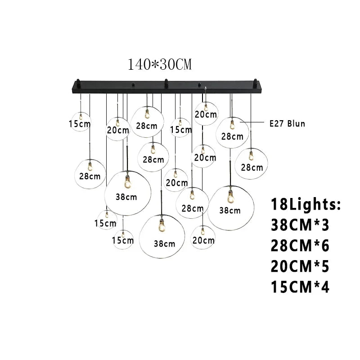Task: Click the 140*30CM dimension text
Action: pyautogui.click(x=160, y=65)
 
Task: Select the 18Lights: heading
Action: pyautogui.click(x=306, y=205)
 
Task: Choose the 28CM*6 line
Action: pyautogui.click(x=300, y=246)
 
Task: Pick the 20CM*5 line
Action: pyautogui.click(x=300, y=266)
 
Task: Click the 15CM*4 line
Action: pyautogui.click(x=300, y=287)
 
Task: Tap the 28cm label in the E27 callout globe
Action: pyautogui.click(x=232, y=136)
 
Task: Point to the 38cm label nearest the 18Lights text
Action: pyautogui.click(x=229, y=210)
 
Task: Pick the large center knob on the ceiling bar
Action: pyautogui.click(x=166, y=82)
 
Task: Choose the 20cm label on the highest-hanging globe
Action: pyautogui.click(x=206, y=115)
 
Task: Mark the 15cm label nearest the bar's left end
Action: pyautogui.click(x=80, y=123)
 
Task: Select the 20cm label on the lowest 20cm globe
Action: pyautogui.click(x=203, y=240)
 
